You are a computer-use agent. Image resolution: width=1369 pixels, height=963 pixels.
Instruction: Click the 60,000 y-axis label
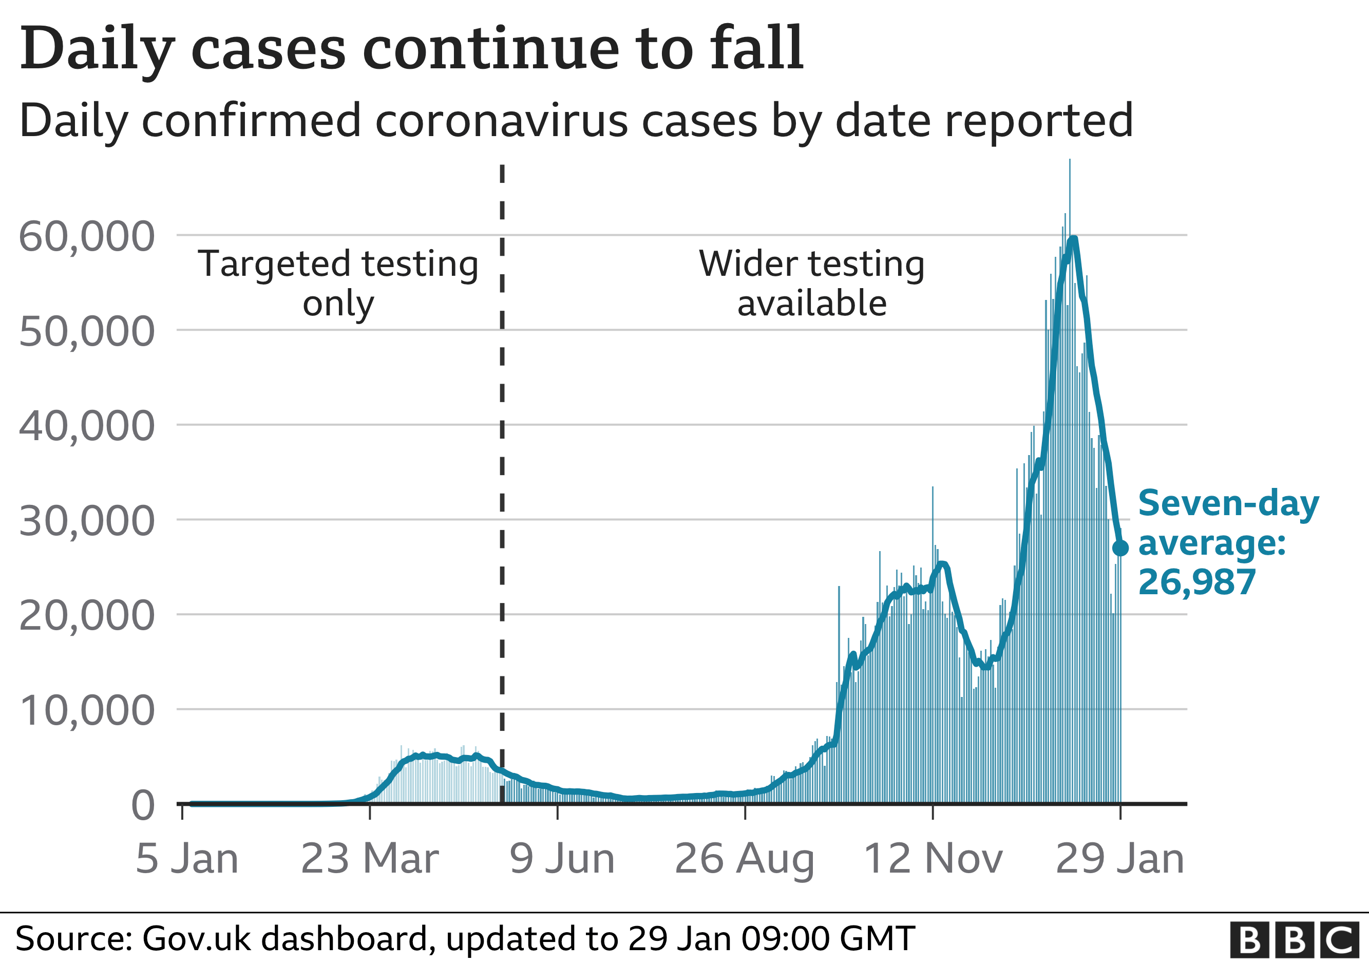[87, 237]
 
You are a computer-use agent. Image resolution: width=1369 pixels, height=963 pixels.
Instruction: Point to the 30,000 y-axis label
[87, 521]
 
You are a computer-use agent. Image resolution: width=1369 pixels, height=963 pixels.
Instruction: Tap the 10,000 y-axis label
[87, 711]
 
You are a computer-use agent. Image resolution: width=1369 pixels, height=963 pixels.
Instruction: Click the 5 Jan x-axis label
[186, 859]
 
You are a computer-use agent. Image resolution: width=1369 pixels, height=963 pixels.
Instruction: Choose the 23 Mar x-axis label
[370, 859]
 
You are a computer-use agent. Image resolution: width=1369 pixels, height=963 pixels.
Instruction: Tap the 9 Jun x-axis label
[562, 859]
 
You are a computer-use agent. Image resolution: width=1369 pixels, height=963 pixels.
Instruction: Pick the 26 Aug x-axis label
[745, 859]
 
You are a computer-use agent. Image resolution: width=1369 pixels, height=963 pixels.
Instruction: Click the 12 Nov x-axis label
[933, 859]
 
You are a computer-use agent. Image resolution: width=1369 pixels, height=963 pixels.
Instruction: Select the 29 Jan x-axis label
[1120, 859]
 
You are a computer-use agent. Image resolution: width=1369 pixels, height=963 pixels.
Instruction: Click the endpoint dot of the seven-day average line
[1120, 548]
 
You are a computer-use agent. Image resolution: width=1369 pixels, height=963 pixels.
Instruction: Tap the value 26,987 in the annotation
[1196, 582]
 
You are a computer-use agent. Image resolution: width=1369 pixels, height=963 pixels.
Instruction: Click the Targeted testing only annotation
[338, 283]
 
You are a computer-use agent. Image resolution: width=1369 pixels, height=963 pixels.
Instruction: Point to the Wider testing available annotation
[811, 283]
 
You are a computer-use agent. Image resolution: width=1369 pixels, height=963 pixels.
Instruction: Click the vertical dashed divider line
[502, 477]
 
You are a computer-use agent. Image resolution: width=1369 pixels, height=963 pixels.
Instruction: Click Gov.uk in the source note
[194, 938]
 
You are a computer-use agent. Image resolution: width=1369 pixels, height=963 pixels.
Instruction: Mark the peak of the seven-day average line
[1073, 240]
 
